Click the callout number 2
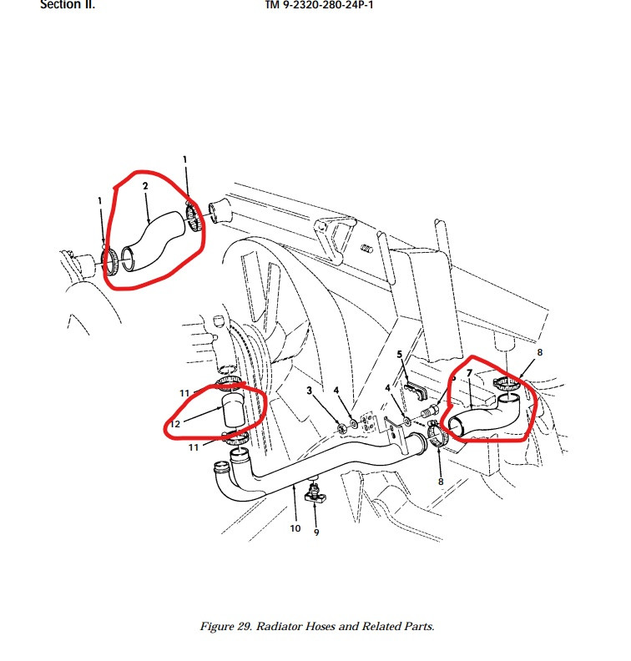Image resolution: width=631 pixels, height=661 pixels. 145,186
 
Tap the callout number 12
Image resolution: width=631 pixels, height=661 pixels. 175,424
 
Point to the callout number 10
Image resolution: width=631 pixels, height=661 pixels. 294,527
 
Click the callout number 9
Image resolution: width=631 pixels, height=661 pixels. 316,532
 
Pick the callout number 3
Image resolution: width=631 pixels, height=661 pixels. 309,390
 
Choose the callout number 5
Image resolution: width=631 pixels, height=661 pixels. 400,355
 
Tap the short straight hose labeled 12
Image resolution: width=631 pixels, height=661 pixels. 231,415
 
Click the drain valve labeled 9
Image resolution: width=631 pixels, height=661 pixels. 318,494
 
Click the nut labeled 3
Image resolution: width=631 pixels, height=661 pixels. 342,428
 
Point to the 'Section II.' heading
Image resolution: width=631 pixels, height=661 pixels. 68,4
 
